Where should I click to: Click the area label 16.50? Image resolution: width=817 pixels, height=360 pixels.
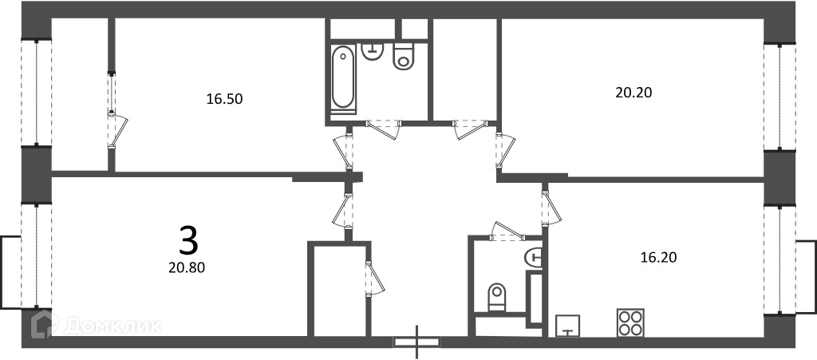(224, 99)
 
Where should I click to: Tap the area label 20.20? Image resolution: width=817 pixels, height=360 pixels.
(633, 93)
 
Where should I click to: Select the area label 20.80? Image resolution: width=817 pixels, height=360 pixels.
(187, 267)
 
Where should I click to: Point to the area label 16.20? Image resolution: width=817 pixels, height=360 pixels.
(658, 257)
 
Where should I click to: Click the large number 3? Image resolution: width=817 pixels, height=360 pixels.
(188, 240)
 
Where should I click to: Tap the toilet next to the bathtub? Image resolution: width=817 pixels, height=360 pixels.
(403, 56)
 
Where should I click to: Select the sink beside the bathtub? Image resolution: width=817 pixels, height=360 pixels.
(372, 52)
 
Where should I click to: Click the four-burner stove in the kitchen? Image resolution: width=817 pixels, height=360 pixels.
(630, 322)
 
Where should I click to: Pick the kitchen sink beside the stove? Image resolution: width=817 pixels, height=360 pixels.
(568, 326)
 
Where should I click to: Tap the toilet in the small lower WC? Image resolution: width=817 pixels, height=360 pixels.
(496, 296)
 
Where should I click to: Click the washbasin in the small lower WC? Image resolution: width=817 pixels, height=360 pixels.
(534, 257)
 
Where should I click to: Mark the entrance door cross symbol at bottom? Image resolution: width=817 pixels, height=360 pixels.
(416, 342)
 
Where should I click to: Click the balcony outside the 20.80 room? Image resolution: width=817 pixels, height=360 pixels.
(10, 272)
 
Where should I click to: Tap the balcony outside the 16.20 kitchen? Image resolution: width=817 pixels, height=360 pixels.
(806, 276)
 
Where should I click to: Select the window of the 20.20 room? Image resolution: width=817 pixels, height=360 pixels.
(780, 97)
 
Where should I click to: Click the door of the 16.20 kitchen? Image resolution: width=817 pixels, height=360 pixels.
(550, 208)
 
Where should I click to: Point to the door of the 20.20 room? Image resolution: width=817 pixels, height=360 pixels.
(504, 151)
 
